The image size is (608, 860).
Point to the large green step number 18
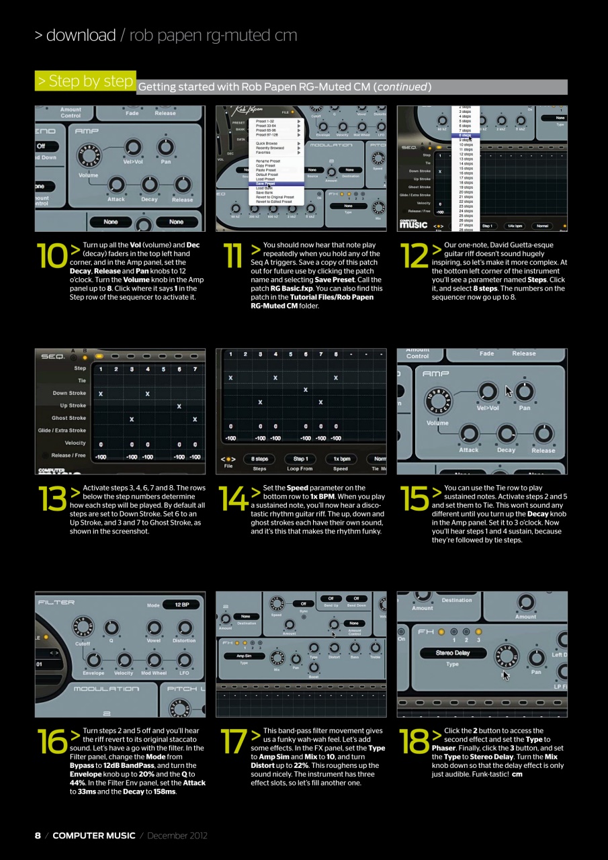(412, 742)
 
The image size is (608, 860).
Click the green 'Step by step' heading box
(85, 81)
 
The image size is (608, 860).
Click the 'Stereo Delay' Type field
(453, 652)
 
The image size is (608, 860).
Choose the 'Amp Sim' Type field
(244, 656)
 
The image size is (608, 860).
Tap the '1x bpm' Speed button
(341, 459)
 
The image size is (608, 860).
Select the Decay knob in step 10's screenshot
(150, 185)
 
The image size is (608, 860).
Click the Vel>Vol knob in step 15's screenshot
(486, 392)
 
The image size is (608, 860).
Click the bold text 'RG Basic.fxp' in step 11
(292, 288)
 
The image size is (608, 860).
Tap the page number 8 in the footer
(38, 835)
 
